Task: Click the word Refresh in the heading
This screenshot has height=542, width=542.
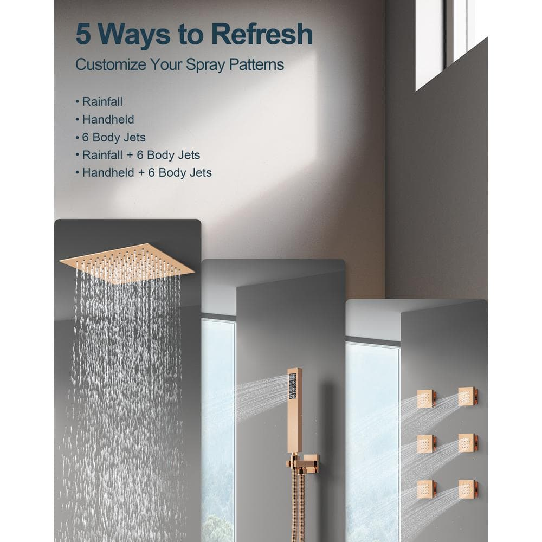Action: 262,34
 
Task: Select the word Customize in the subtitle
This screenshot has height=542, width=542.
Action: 111,64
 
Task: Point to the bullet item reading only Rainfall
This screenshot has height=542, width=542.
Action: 99,102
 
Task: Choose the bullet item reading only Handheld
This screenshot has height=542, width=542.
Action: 105,120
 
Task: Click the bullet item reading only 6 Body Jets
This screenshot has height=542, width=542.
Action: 111,138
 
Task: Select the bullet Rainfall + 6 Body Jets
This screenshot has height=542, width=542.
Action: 138,155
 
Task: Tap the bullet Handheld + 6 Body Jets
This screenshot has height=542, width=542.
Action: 144,173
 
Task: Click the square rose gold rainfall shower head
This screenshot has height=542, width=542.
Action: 127,263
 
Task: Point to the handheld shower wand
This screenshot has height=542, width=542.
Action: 294,410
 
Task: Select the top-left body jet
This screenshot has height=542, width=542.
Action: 426,399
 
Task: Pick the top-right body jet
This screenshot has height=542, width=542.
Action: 468,397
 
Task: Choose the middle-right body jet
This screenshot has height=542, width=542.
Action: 468,442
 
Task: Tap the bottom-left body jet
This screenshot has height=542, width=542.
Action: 426,489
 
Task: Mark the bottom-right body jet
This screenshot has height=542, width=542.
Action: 468,489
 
